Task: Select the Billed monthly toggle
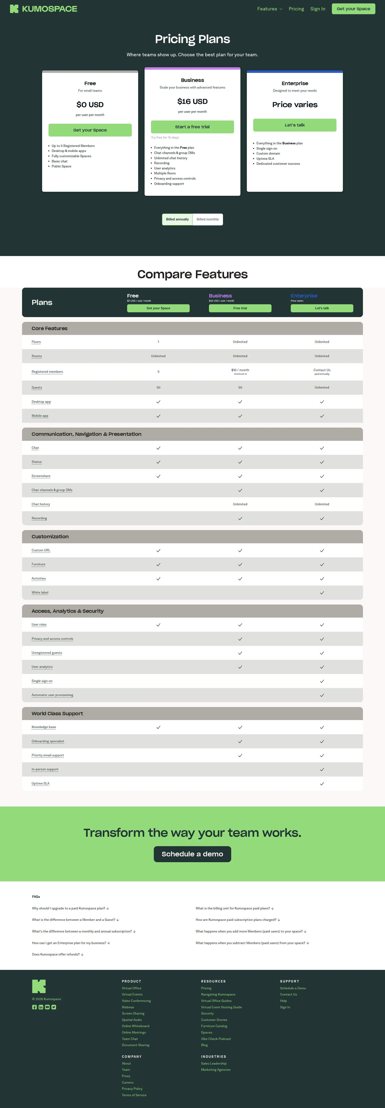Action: pyautogui.click(x=208, y=219)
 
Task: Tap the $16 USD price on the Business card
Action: pyautogui.click(x=192, y=101)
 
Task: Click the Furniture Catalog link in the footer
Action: pyautogui.click(x=214, y=1026)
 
